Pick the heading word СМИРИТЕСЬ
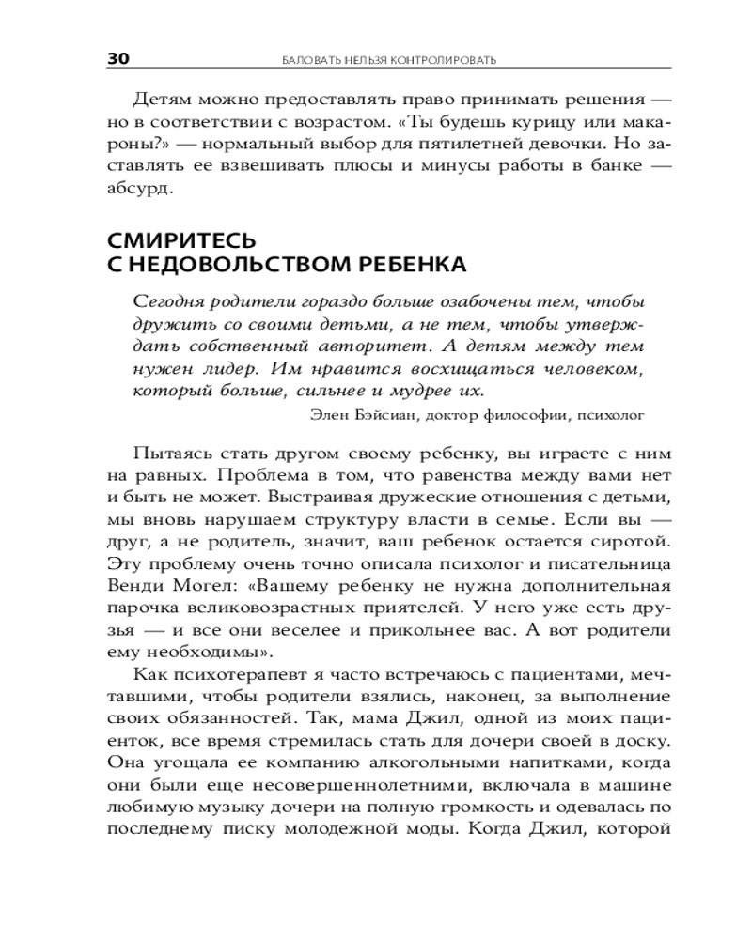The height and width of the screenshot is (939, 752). [182, 241]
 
